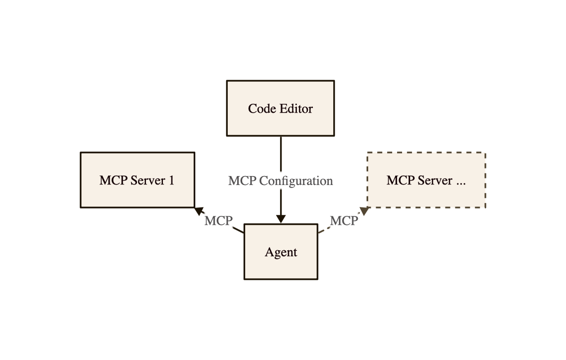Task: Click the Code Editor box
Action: (x=281, y=108)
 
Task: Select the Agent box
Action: (x=281, y=252)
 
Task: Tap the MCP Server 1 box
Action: (x=137, y=180)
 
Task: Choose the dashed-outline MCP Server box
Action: (x=426, y=180)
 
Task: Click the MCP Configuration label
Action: (x=281, y=180)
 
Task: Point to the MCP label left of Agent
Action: (x=218, y=220)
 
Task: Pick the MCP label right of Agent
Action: (x=344, y=220)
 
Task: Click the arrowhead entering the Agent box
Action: (x=281, y=219)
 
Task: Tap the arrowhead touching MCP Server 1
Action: (x=199, y=210)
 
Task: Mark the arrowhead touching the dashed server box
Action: (x=364, y=211)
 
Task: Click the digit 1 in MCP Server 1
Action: (x=171, y=180)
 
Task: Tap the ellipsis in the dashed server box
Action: (x=461, y=180)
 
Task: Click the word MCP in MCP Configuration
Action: (x=242, y=180)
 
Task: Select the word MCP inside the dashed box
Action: (x=400, y=180)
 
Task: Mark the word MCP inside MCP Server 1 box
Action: (x=113, y=180)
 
